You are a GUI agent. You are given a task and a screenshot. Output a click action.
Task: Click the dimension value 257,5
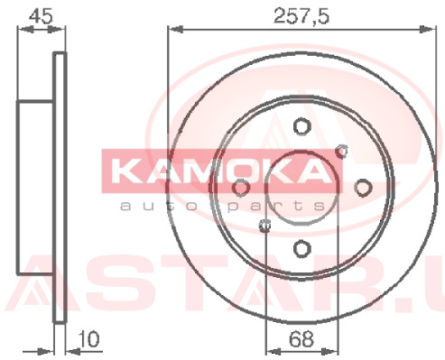[301, 16]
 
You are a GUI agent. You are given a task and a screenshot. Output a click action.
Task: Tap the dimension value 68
[301, 338]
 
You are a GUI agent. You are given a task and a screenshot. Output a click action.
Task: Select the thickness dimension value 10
[88, 338]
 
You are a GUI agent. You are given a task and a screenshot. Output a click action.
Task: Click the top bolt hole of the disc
[301, 126]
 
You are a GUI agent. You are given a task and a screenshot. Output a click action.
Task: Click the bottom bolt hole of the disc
[301, 249]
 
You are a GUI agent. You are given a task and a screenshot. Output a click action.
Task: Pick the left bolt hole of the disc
[241, 188]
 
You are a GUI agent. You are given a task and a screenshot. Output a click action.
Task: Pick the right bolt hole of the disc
[363, 188]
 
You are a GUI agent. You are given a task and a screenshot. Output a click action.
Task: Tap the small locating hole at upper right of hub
[342, 151]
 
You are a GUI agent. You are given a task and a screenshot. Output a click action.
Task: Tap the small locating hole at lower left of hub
[264, 225]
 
